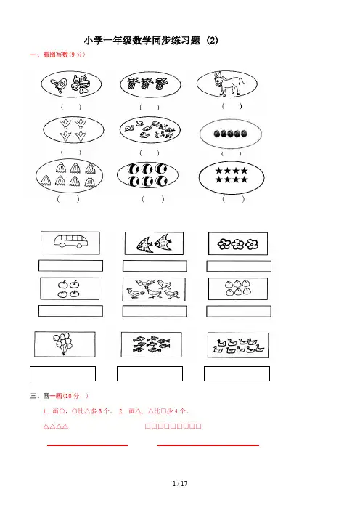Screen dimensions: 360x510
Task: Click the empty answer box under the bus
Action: [x=70, y=266]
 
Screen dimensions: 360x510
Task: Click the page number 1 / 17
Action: [x=180, y=483]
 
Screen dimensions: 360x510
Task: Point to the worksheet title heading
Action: [x=151, y=41]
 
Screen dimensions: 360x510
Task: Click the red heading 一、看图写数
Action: [x=57, y=54]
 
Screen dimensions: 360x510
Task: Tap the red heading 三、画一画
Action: [x=59, y=396]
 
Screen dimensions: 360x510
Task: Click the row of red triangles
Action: [x=56, y=426]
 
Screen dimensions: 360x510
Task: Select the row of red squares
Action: [x=173, y=426]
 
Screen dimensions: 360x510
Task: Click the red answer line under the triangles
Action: [x=87, y=445]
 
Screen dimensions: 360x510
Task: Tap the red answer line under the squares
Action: [x=208, y=445]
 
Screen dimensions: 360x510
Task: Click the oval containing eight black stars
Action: [x=232, y=177]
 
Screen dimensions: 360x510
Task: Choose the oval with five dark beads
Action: [x=230, y=134]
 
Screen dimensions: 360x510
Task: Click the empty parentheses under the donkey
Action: [x=232, y=106]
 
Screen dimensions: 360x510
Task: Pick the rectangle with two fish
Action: [x=154, y=243]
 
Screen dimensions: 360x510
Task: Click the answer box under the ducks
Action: [x=237, y=373]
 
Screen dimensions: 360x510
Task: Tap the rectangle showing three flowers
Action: [x=238, y=243]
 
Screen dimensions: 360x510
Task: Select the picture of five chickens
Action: [x=154, y=289]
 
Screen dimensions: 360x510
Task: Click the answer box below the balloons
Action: [x=62, y=373]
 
